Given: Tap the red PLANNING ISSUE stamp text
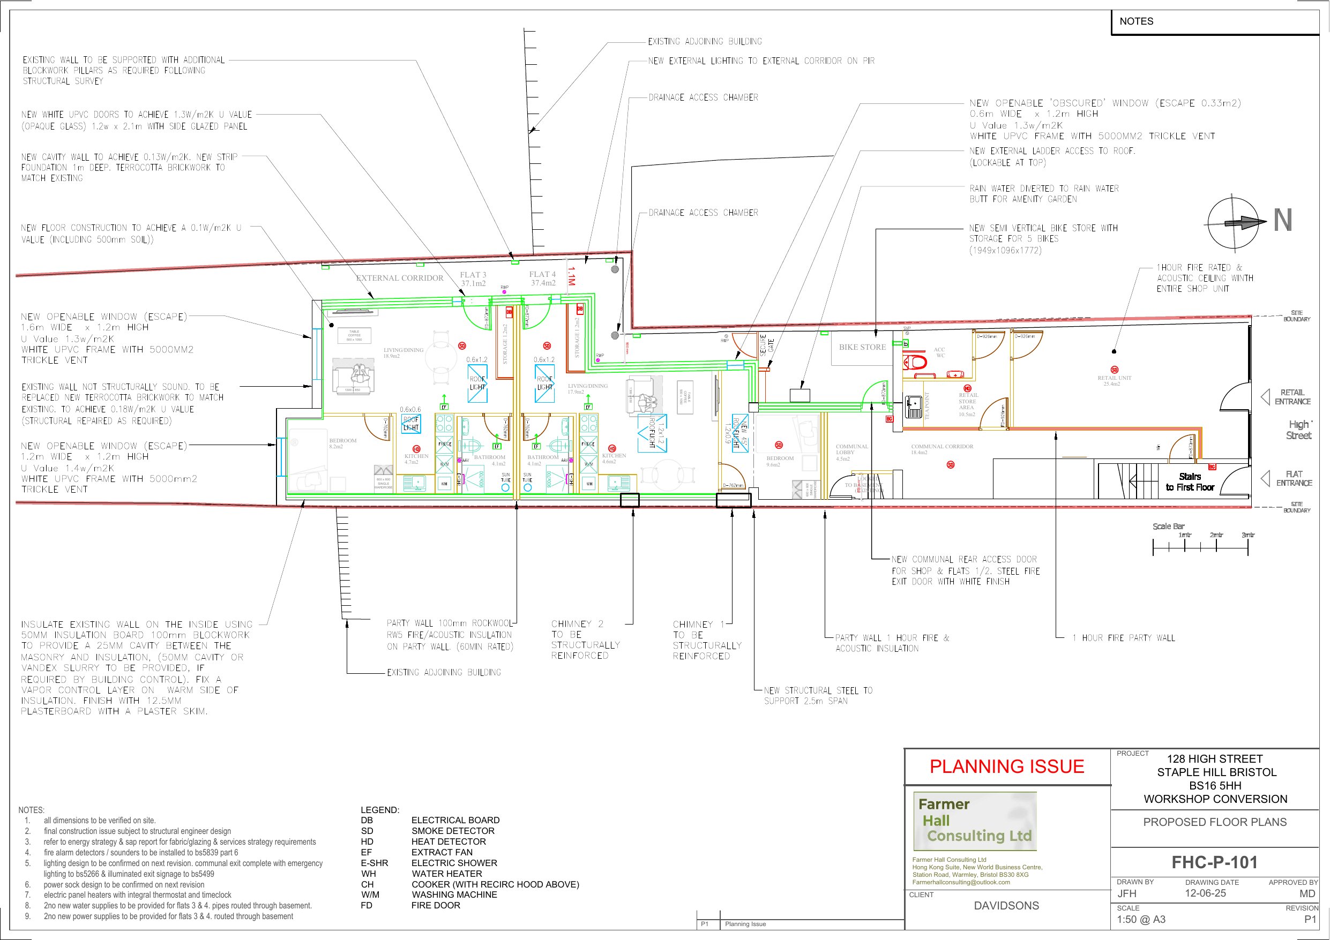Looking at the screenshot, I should [x=1007, y=766].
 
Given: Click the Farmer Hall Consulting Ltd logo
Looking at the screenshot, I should [x=975, y=821].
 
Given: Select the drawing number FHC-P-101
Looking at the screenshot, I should [x=1215, y=862].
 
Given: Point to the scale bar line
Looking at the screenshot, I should [x=1200, y=547].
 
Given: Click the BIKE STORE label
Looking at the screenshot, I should [x=863, y=348].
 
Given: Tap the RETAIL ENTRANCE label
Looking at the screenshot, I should [x=1292, y=397].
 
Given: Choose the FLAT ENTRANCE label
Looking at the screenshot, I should [x=1294, y=478].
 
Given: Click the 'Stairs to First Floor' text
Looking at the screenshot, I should [x=1190, y=482].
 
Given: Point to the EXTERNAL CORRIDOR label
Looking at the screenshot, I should [x=400, y=278].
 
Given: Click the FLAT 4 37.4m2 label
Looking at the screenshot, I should [x=542, y=279].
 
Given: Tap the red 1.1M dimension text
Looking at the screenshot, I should [x=571, y=277].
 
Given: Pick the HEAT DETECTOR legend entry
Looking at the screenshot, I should [x=449, y=841].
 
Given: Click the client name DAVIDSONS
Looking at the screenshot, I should [x=1006, y=906].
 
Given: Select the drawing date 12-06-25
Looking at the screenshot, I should [x=1206, y=893].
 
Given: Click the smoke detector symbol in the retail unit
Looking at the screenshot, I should [x=1115, y=370].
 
